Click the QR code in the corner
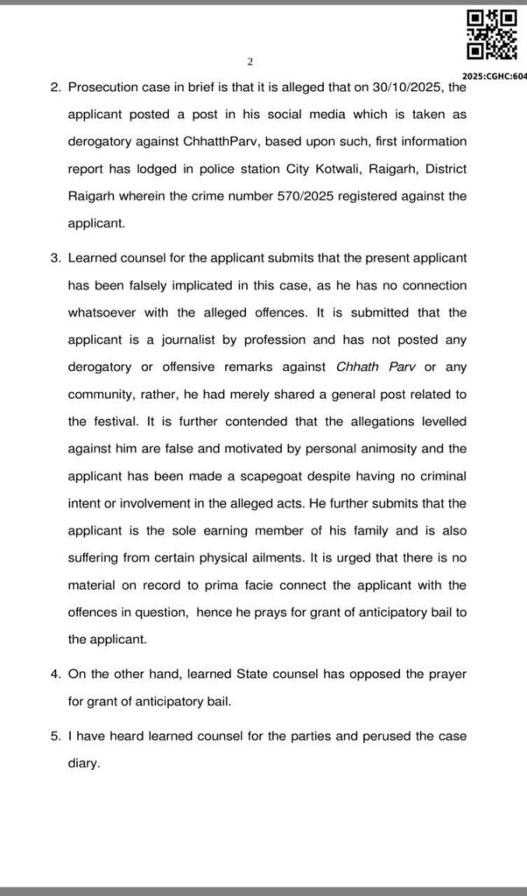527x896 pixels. (x=491, y=34)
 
